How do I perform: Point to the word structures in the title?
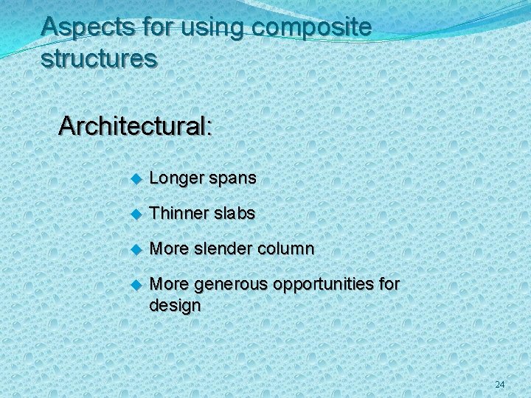click(x=99, y=59)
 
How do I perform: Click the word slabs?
click(x=235, y=213)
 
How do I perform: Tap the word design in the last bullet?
click(x=175, y=305)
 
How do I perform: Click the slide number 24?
click(x=500, y=385)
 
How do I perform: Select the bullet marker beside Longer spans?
click(x=135, y=179)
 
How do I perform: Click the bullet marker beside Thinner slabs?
click(x=135, y=214)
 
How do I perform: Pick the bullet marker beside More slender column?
click(x=135, y=249)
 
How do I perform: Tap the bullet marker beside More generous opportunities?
click(x=135, y=284)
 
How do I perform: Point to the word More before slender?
click(x=168, y=248)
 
